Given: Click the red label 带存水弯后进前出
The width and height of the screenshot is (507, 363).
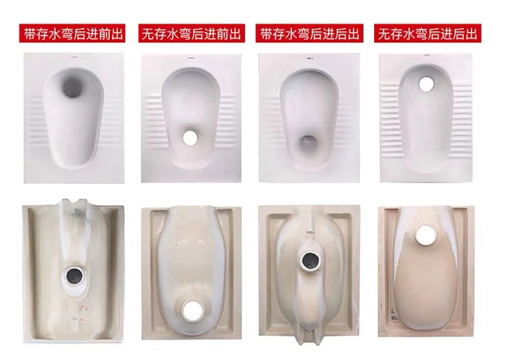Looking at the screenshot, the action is [x=72, y=33].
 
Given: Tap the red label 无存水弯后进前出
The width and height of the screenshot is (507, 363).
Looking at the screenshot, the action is [x=191, y=33].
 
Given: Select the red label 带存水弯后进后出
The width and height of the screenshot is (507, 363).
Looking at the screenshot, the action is [x=309, y=33].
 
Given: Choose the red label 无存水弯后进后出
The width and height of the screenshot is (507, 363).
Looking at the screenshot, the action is [x=428, y=33].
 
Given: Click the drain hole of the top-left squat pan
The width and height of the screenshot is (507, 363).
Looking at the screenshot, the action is [x=72, y=87].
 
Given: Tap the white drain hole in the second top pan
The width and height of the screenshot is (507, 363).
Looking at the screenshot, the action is [x=190, y=138].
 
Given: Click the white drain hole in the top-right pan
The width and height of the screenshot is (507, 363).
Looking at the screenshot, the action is [x=427, y=84].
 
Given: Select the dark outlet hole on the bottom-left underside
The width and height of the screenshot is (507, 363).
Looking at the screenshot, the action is [x=75, y=276].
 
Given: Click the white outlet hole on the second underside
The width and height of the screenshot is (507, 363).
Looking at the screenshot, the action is [x=192, y=310].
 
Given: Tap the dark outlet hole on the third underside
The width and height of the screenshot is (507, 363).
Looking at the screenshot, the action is [x=311, y=261].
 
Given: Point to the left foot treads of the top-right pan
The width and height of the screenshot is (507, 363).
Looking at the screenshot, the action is [x=390, y=120].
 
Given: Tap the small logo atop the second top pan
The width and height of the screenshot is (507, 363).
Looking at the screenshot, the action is [x=191, y=59].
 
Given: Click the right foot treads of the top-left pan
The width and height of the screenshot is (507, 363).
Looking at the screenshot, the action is [x=114, y=120].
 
